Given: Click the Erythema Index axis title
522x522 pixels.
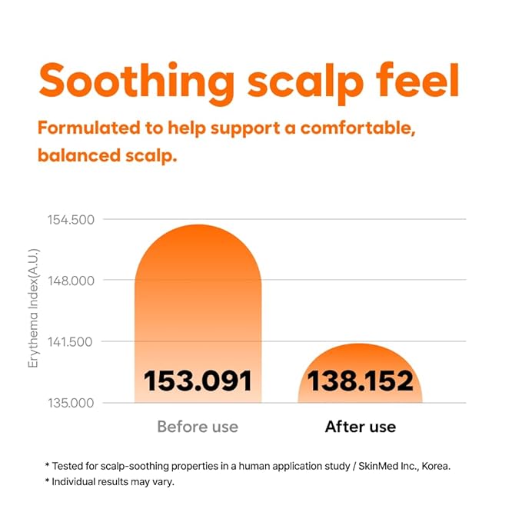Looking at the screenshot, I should (33, 308).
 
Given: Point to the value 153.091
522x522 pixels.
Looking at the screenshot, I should (198, 381).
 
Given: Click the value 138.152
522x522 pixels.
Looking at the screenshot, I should (360, 381).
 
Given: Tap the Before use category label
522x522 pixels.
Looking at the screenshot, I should (198, 426).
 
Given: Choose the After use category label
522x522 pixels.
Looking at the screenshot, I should (360, 426).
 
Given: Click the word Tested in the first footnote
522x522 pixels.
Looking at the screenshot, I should (70, 466).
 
